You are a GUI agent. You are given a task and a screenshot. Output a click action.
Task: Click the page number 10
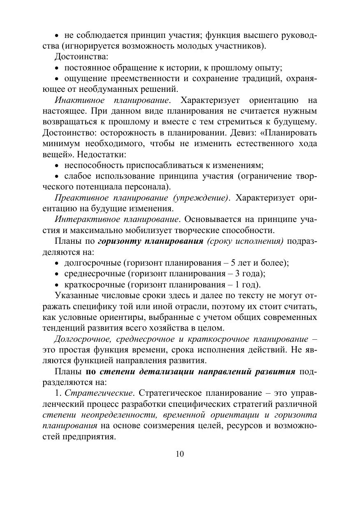pyautogui.click(x=180, y=454)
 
